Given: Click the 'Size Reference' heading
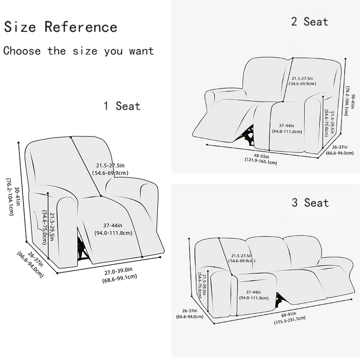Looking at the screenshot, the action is (60, 26).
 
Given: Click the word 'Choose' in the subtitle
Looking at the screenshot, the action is (22, 50).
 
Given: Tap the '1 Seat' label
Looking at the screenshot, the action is (121, 106).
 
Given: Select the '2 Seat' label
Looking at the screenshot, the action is (309, 21).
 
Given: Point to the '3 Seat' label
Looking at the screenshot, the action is (310, 202).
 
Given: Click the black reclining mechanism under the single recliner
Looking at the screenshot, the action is (81, 248).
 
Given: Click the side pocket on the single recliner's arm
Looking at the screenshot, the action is (38, 220).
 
